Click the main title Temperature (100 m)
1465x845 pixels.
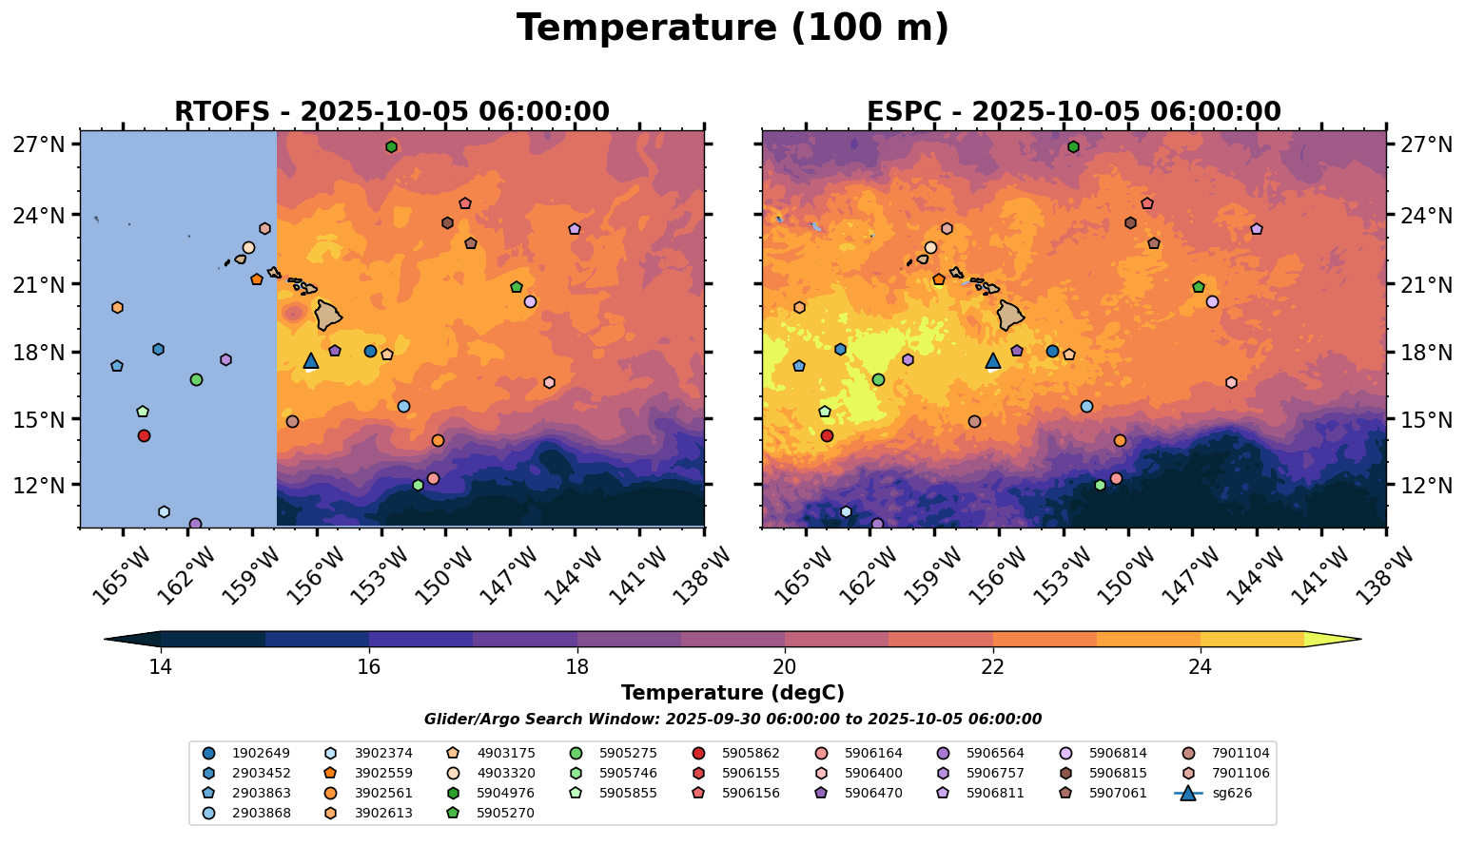tap(732, 29)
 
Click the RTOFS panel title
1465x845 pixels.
tap(392, 111)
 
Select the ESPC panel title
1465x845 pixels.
tap(1074, 111)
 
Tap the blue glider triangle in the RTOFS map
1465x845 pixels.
tap(310, 361)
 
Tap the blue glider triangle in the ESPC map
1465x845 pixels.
tap(993, 361)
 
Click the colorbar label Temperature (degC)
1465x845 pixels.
tap(732, 693)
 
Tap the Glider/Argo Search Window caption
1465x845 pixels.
tap(732, 720)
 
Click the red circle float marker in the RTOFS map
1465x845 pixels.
tap(144, 435)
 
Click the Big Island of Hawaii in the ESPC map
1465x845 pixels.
tap(1011, 315)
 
